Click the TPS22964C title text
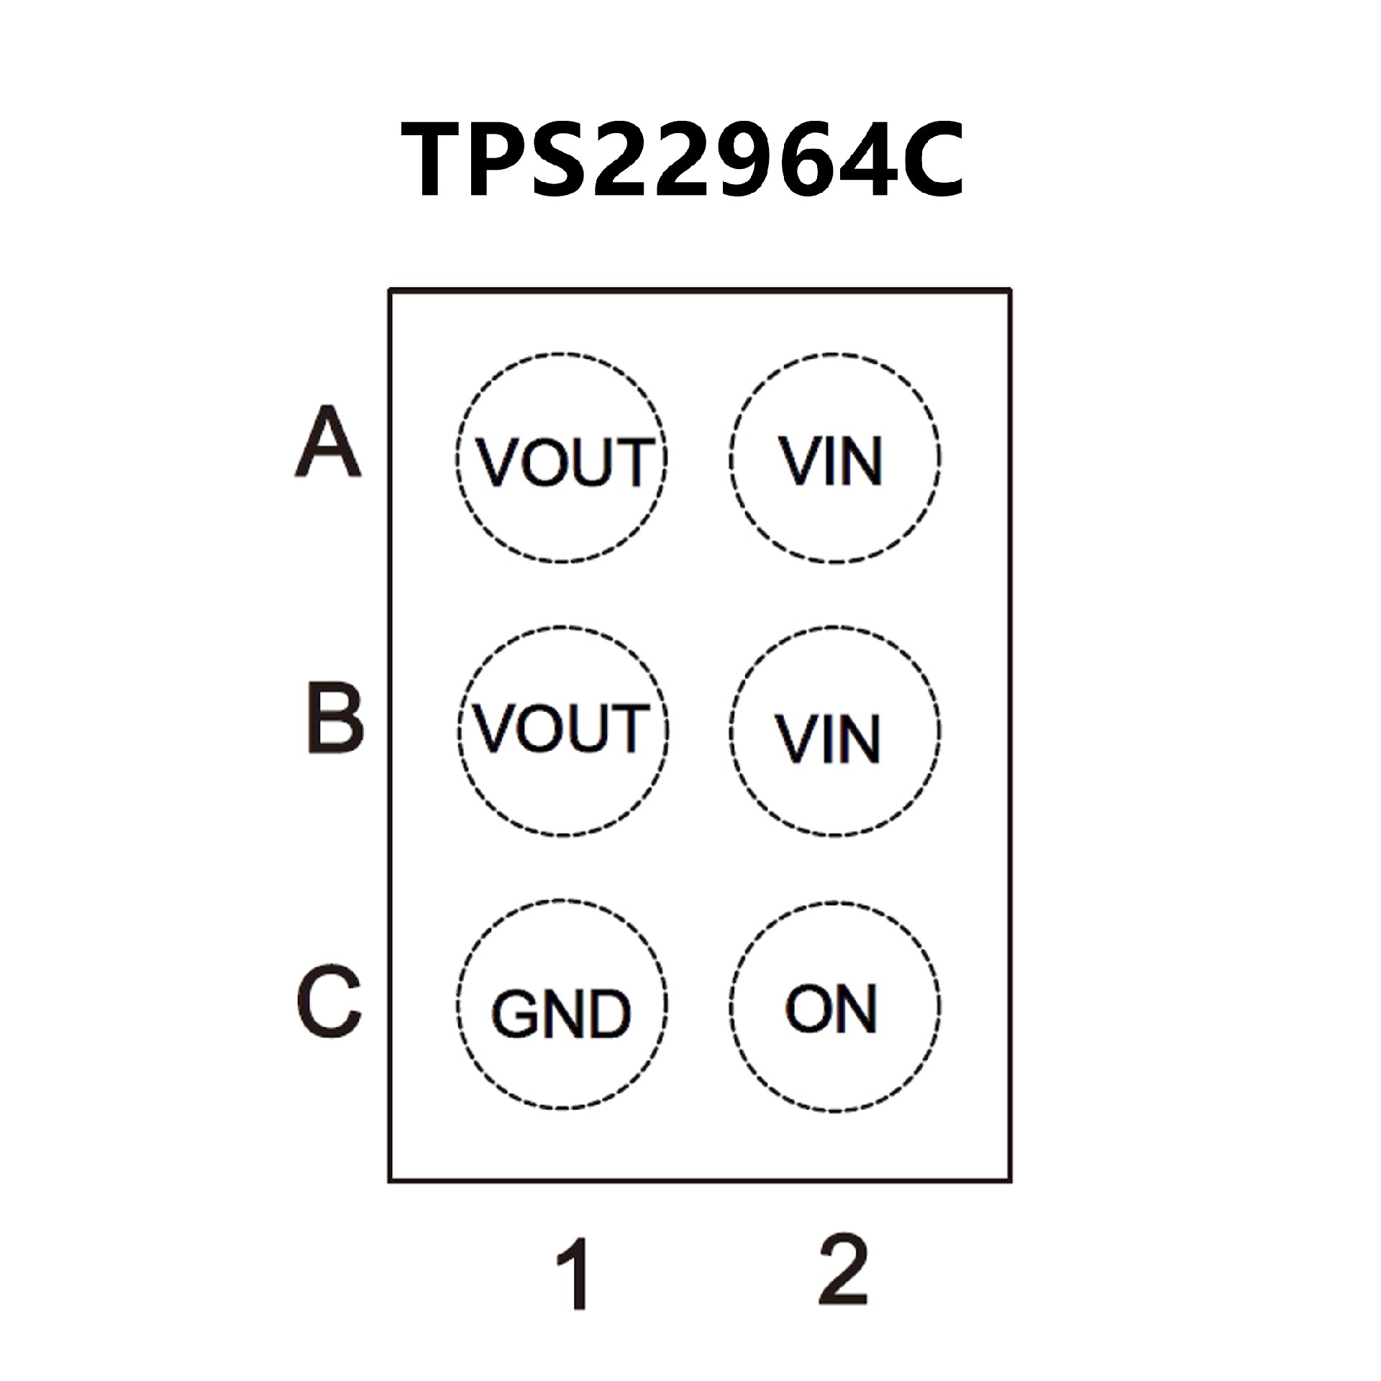tap(683, 160)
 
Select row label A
tap(327, 442)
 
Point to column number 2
tap(844, 1270)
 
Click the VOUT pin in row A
tap(562, 458)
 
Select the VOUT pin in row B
tap(562, 730)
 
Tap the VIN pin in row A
tap(834, 458)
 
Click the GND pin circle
tap(562, 1005)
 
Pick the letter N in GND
tap(562, 1014)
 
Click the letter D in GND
tap(609, 1014)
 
